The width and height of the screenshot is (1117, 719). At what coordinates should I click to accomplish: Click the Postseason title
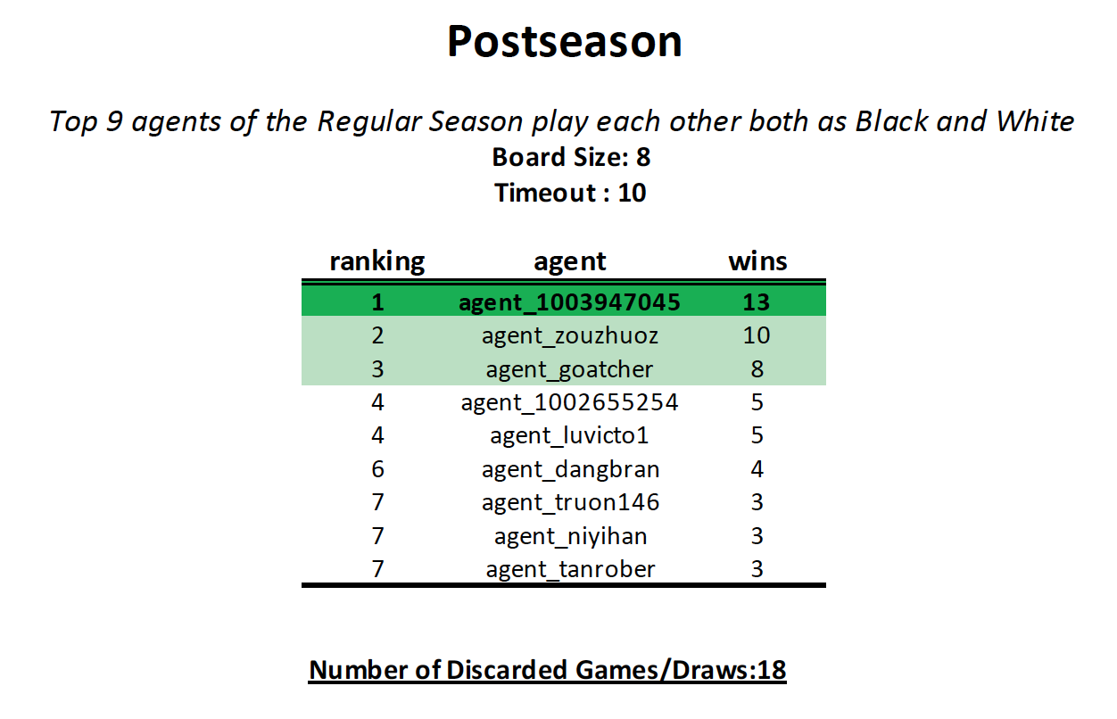click(x=564, y=41)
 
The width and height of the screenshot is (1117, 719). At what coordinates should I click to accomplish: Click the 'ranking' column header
click(x=377, y=261)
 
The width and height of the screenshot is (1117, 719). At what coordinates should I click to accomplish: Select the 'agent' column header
click(x=570, y=262)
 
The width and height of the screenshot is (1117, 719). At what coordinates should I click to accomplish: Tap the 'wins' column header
click(x=757, y=260)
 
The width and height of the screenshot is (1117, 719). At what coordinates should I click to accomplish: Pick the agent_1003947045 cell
click(x=569, y=302)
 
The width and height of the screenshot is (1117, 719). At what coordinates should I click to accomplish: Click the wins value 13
click(x=757, y=302)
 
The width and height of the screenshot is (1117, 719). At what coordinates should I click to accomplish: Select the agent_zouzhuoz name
click(x=570, y=335)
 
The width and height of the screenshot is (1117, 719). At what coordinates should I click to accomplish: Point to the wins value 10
click(x=757, y=335)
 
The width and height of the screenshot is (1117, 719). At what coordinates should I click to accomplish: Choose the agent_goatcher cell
click(x=569, y=369)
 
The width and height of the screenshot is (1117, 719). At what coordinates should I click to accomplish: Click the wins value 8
click(x=757, y=369)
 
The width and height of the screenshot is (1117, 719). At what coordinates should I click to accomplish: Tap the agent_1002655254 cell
click(x=569, y=402)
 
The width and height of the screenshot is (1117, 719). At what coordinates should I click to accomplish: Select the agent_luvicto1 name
click(x=569, y=435)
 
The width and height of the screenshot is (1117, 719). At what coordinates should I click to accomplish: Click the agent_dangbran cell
click(x=570, y=469)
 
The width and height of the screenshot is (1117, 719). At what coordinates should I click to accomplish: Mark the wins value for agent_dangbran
click(x=757, y=468)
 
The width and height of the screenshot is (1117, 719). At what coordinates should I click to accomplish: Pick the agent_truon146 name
click(x=570, y=502)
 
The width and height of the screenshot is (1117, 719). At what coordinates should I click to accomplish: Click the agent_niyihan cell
click(x=570, y=536)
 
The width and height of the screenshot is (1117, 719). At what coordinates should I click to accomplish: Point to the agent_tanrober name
click(x=570, y=569)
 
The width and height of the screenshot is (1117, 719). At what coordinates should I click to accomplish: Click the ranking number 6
click(x=377, y=468)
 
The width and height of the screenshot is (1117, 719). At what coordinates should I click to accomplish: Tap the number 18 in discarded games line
click(x=772, y=670)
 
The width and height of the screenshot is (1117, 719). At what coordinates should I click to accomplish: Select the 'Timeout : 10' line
click(x=570, y=193)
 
